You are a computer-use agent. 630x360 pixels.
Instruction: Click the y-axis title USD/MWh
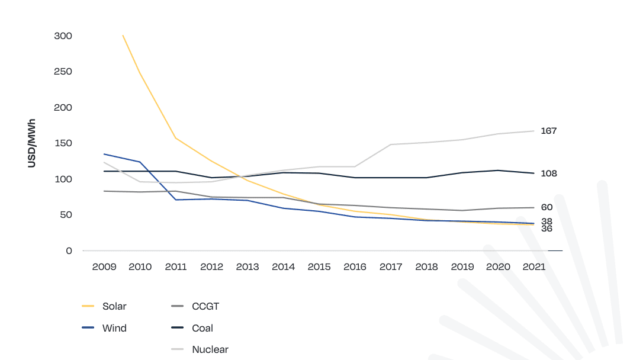coord(32,143)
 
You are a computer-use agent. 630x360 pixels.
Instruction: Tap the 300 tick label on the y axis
coord(63,36)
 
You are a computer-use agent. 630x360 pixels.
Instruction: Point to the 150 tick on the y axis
coord(63,143)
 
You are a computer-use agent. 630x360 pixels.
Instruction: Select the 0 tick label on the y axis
coord(69,251)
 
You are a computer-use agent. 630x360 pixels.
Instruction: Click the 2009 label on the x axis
coord(104,267)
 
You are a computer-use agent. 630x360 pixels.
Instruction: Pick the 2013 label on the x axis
coord(247,267)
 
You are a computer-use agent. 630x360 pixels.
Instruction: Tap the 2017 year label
coord(391,267)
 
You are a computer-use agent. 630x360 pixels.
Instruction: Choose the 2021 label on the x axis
coord(534,267)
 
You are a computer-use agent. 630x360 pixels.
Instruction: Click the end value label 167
coord(549,131)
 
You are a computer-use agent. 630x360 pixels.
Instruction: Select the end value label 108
coord(549,173)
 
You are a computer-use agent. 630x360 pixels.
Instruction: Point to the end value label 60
coord(547,207)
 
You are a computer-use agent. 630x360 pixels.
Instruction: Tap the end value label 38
coord(547,221)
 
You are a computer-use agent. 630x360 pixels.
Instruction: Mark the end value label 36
coord(547,229)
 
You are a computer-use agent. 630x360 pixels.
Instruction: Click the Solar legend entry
coord(114,307)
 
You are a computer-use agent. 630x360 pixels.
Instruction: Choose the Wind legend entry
coord(114,328)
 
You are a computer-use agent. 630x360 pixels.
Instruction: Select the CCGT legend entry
coord(205,307)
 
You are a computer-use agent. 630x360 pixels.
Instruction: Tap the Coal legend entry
coord(202,328)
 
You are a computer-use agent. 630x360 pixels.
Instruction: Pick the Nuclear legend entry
coord(210,349)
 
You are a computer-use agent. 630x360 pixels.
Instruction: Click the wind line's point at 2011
coord(176,200)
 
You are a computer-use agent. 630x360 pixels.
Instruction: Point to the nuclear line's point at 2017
coord(391,144)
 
